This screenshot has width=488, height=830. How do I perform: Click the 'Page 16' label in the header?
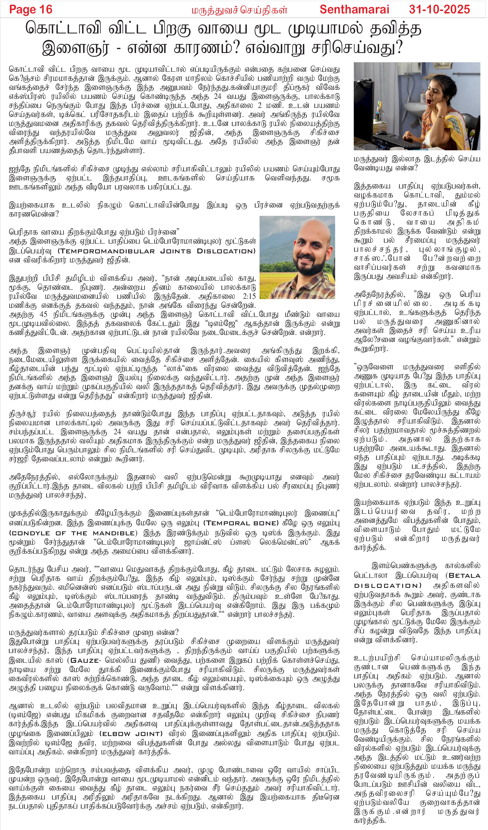pyautogui.click(x=31, y=10)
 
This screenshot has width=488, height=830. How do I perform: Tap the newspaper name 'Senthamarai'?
pyautogui.click(x=354, y=10)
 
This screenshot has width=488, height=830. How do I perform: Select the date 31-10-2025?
pyautogui.click(x=439, y=10)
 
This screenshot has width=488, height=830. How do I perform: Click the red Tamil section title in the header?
pyautogui.click(x=239, y=10)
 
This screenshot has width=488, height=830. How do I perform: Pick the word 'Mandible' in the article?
pyautogui.click(x=113, y=533)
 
